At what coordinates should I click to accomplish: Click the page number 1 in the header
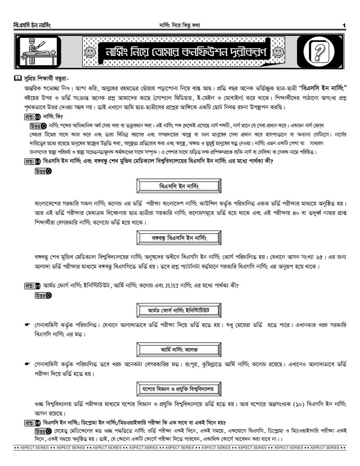point(343,25)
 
